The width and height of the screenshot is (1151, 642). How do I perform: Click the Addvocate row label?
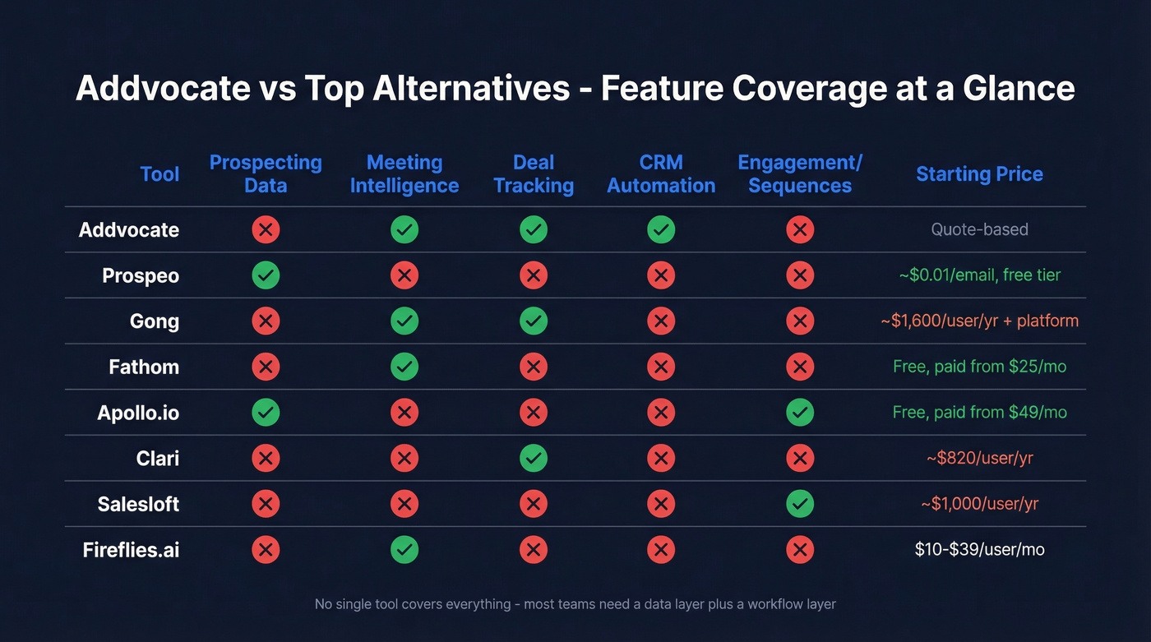[128, 229]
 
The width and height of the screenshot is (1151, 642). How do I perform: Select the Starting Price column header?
[979, 174]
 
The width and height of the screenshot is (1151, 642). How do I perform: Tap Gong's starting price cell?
[979, 321]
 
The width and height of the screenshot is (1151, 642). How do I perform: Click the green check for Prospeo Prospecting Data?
[266, 275]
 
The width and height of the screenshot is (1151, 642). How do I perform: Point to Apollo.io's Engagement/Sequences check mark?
[800, 412]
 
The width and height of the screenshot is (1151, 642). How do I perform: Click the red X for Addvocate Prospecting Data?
[266, 229]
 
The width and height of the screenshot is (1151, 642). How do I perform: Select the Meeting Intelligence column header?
[404, 174]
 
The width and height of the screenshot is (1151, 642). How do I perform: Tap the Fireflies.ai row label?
[131, 550]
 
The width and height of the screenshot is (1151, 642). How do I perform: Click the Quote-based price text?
[979, 229]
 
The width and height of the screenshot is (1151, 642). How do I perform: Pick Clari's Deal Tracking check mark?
[534, 458]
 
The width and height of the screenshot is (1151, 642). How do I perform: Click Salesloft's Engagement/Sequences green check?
[800, 504]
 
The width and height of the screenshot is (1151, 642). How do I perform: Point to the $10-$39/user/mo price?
[979, 549]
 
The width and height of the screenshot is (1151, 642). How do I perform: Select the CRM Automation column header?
[661, 174]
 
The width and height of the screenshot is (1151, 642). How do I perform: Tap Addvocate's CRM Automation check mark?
[661, 229]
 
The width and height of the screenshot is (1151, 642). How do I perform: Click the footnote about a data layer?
[575, 604]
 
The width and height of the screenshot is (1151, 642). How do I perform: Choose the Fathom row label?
[144, 367]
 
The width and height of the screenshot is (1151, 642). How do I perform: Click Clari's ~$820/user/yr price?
[979, 458]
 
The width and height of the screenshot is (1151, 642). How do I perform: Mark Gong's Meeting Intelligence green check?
[404, 321]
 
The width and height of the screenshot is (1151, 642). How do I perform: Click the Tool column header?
[159, 174]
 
